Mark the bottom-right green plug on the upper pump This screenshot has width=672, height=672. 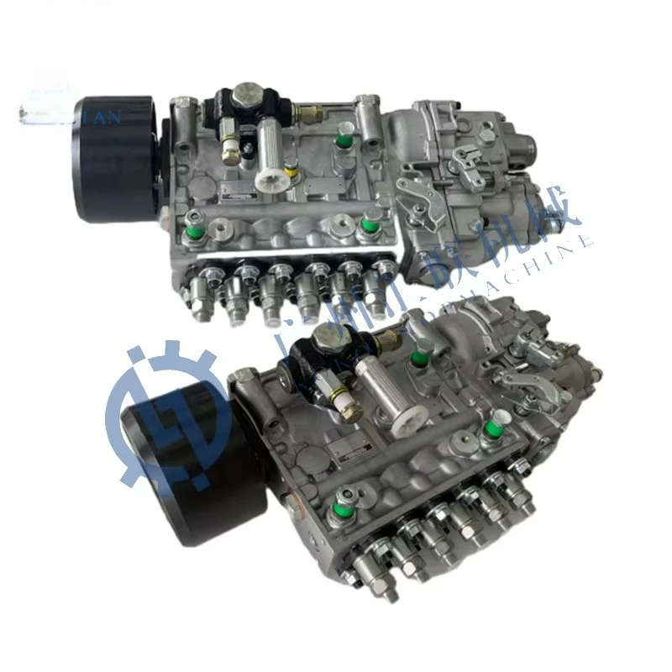[x=367, y=225]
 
